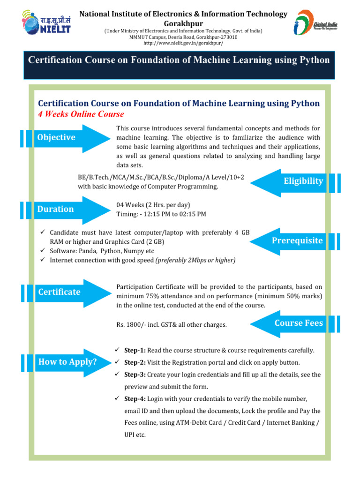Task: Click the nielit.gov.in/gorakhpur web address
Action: [183, 43]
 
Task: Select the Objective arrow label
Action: [56, 137]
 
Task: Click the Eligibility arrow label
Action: [303, 181]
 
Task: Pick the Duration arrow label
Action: [56, 209]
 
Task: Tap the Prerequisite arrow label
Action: [297, 240]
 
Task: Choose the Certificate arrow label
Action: [59, 292]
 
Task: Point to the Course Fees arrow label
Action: [298, 323]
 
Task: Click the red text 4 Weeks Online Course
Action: [81, 114]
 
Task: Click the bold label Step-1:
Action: [135, 351]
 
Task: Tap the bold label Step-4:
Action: [135, 399]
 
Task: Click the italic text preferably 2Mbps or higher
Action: [195, 260]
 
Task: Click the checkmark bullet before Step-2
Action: [118, 362]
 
